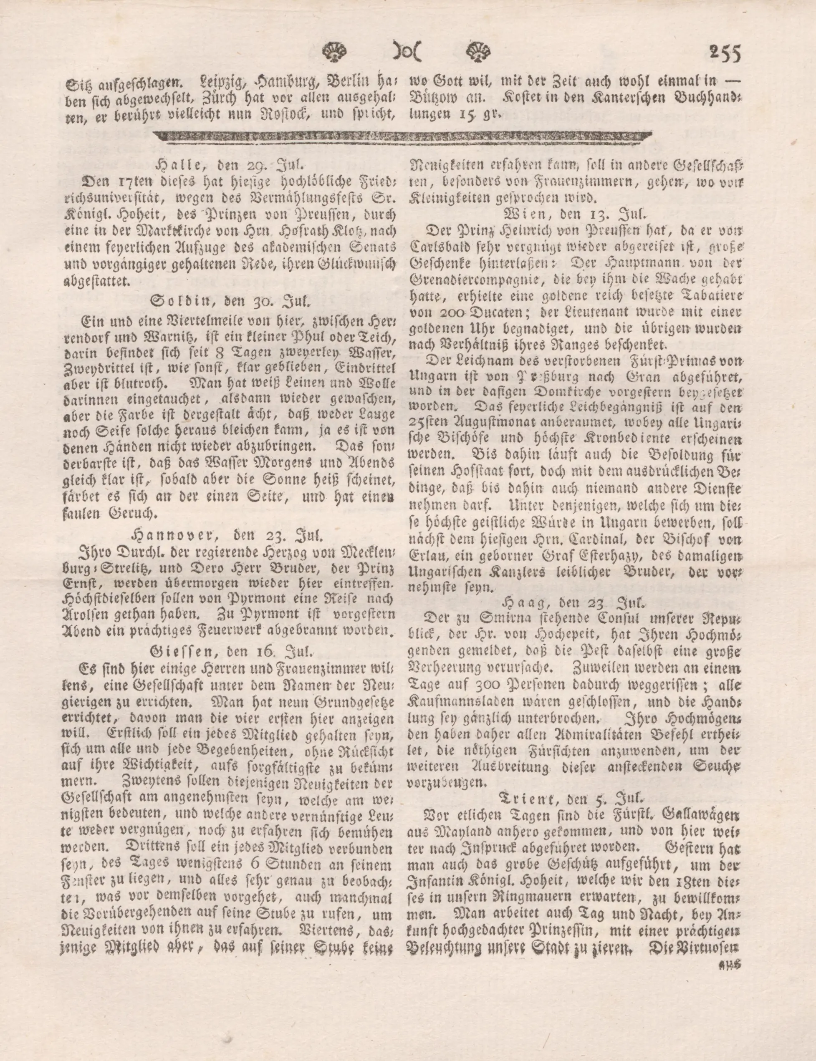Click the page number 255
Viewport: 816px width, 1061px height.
point(725,53)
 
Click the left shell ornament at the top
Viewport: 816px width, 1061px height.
point(335,50)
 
